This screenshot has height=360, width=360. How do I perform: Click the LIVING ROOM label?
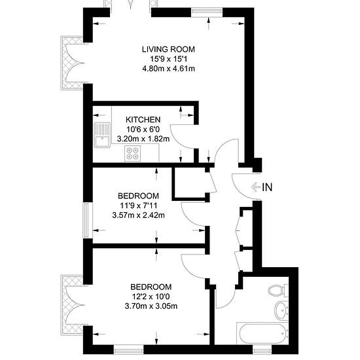pyautogui.click(x=168, y=49)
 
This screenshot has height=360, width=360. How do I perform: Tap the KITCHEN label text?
pyautogui.click(x=143, y=120)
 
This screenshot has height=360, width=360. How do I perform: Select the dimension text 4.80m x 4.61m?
pyautogui.click(x=168, y=69)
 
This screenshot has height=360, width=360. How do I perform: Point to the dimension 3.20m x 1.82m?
pyautogui.click(x=143, y=139)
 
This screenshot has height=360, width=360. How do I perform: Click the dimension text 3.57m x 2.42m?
pyautogui.click(x=138, y=215)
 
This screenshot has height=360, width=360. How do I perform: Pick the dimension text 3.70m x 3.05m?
pyautogui.click(x=151, y=306)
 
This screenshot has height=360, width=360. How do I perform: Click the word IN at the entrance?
pyautogui.click(x=267, y=187)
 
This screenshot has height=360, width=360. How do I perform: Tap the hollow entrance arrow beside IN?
pyautogui.click(x=256, y=187)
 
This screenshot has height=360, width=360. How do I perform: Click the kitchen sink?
pyautogui.click(x=102, y=135)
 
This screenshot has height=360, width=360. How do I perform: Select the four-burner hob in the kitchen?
pyautogui.click(x=132, y=154)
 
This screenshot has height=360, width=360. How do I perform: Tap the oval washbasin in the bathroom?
pyautogui.click(x=281, y=311)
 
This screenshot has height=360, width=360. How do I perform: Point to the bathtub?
pyautogui.click(x=262, y=333)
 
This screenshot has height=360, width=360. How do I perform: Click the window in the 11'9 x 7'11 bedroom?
pyautogui.click(x=88, y=221)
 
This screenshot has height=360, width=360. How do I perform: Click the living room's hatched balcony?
pyautogui.click(x=72, y=63)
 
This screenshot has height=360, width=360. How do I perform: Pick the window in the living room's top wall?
pyautogui.click(x=207, y=12)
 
